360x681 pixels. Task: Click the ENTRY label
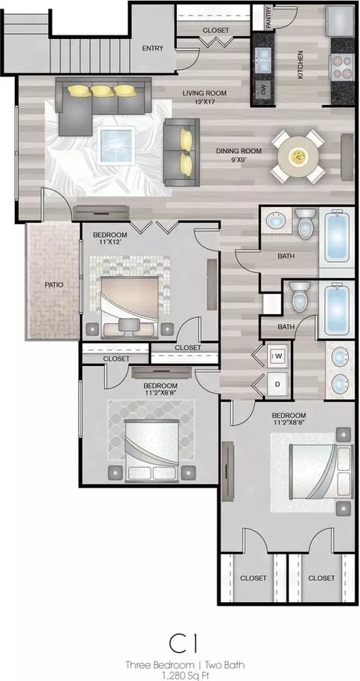152,48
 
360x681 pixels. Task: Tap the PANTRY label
268,17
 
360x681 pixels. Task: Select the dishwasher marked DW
263,89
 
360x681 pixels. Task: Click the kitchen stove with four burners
341,67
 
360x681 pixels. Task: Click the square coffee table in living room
116,145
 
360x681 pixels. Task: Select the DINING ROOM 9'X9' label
239,155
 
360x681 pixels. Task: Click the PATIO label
54,285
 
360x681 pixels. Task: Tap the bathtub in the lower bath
337,309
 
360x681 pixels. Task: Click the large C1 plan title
183,644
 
